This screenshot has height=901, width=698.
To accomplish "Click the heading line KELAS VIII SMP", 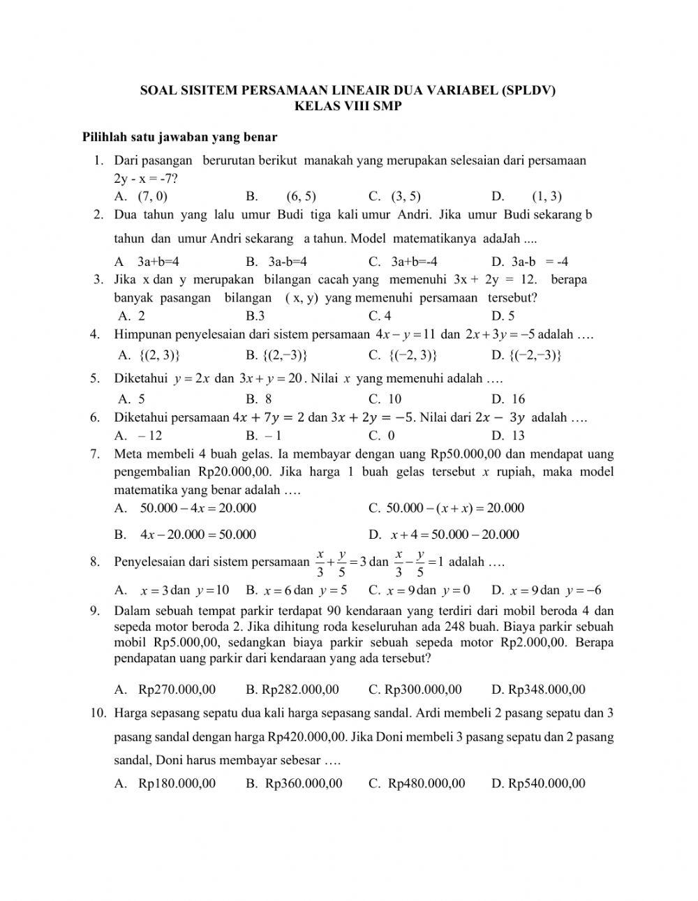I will (x=348, y=107).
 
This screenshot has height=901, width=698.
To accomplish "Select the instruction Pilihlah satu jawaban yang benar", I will (x=180, y=137).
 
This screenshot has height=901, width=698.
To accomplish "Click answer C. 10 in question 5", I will (x=385, y=399).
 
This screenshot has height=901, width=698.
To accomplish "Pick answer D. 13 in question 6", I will (x=507, y=435).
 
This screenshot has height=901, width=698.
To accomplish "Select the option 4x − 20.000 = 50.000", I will (x=198, y=535).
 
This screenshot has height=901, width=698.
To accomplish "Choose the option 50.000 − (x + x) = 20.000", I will (x=454, y=508).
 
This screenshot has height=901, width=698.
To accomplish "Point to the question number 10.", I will (x=98, y=713).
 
